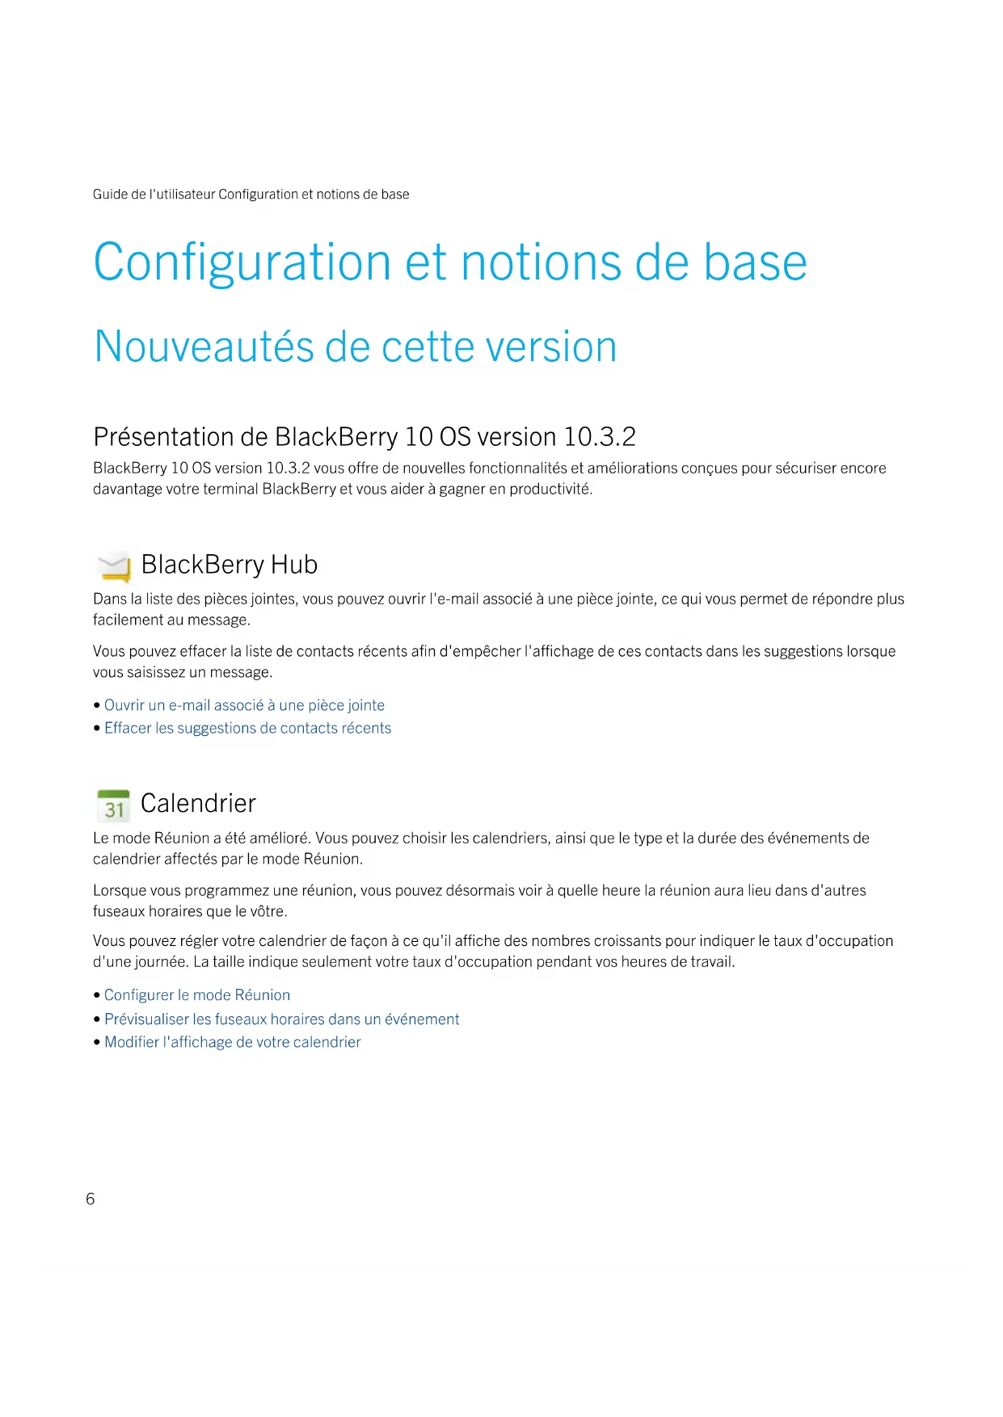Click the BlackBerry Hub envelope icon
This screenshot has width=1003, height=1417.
(x=113, y=566)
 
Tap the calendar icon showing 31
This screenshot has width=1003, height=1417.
(x=113, y=805)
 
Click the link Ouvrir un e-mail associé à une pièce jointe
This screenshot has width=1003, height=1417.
(x=244, y=705)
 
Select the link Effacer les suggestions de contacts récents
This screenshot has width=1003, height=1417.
(x=247, y=728)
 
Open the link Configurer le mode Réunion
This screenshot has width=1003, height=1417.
(x=197, y=995)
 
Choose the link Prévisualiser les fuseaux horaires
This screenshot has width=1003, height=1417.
(x=281, y=1020)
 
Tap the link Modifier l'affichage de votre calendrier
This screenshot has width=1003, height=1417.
(x=233, y=1042)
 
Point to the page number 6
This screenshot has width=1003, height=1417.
(x=91, y=1199)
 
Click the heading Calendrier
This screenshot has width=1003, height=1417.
(x=198, y=803)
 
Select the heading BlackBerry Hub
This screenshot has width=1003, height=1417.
(x=230, y=564)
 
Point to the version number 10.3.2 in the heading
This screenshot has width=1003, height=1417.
(x=600, y=437)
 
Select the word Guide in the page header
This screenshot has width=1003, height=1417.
(x=110, y=194)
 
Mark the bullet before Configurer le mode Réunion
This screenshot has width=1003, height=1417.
(x=97, y=995)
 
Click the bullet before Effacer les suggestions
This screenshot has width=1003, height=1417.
(x=97, y=728)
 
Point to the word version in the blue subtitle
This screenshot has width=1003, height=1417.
(x=549, y=347)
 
